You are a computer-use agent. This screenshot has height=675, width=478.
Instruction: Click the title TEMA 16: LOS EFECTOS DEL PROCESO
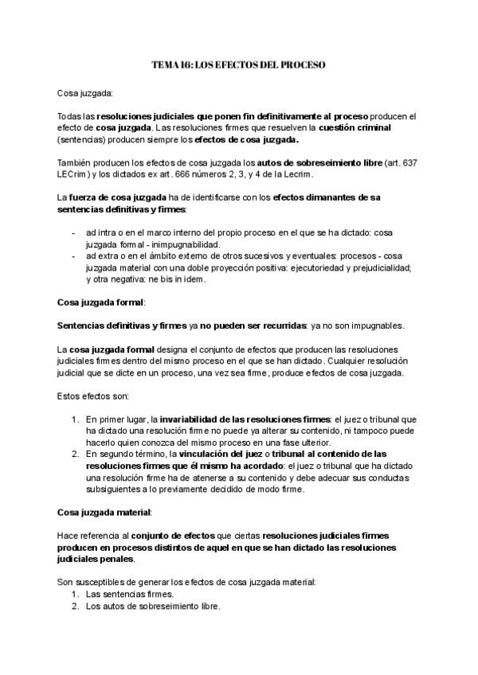pos(239,64)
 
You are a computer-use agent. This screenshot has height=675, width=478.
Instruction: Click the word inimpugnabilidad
pos(181,244)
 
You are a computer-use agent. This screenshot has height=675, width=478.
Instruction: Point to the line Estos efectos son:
pos(87,395)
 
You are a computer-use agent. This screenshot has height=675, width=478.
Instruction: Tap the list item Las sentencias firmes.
pos(129,594)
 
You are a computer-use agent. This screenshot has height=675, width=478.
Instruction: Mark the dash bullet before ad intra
pos(73,232)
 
